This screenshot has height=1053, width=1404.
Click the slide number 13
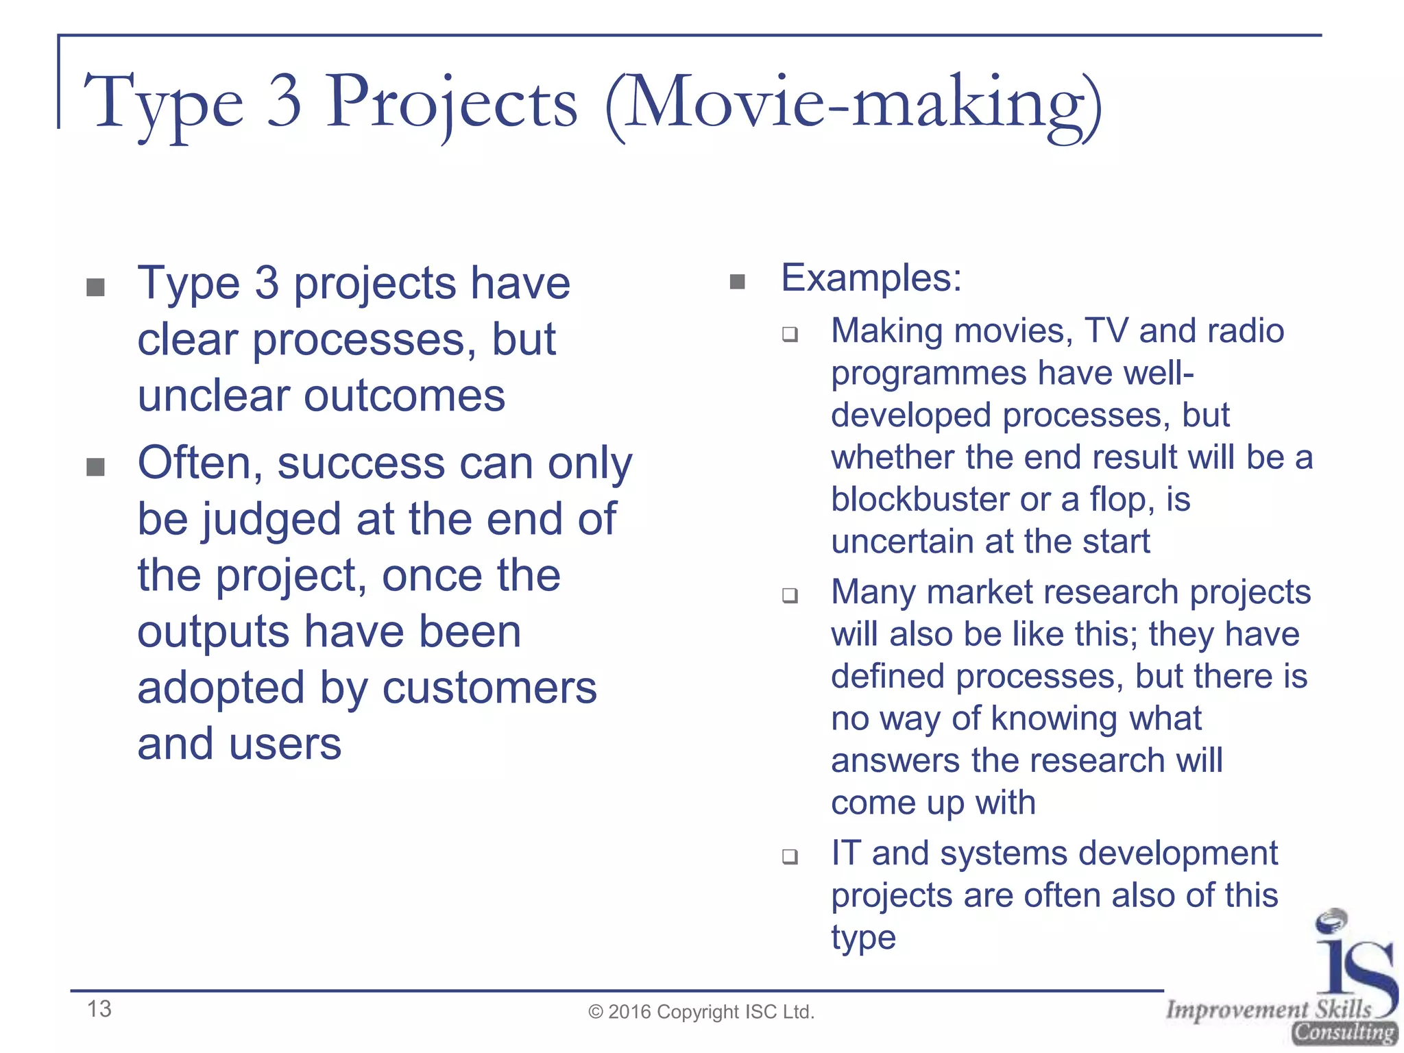coord(99,1008)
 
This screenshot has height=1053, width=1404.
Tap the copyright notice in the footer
coord(701,1012)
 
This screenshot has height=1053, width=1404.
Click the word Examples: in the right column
coord(871,278)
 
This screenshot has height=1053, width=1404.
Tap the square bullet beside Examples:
coord(738,282)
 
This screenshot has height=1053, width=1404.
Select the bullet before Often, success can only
coord(96,468)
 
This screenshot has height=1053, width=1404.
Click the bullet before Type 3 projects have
coord(96,287)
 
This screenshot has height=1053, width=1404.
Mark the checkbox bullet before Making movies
coord(790,335)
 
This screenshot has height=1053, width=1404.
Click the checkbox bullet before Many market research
coord(790,595)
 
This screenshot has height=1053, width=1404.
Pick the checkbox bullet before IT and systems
coord(790,856)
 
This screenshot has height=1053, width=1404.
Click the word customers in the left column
coord(489,688)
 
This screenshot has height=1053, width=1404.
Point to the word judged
coord(271,520)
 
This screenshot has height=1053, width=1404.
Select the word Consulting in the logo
coord(1344,1032)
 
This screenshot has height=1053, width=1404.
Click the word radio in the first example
coord(1246,331)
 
